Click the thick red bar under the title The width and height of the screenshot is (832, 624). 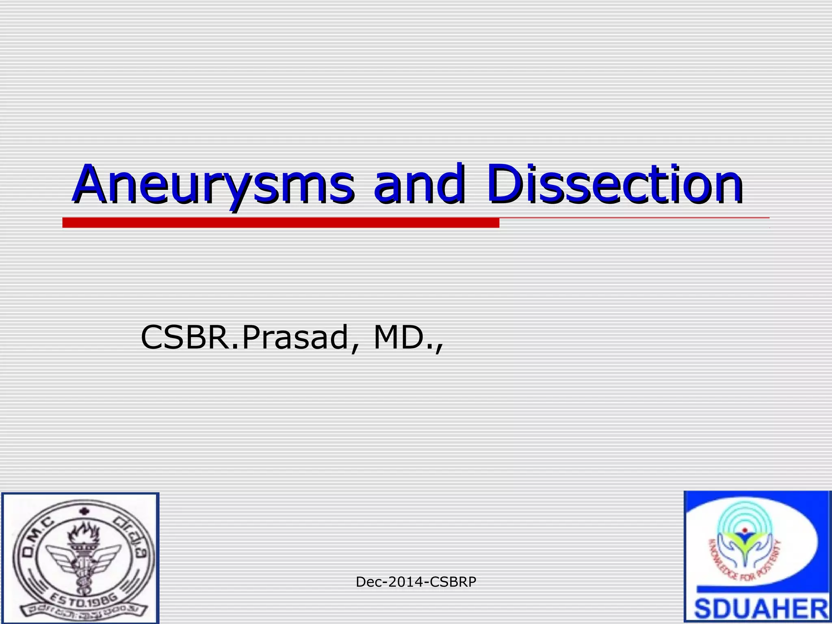[x=280, y=223]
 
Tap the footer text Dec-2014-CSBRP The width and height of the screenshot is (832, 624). [x=416, y=582]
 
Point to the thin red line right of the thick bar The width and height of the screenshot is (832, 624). [x=634, y=218]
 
